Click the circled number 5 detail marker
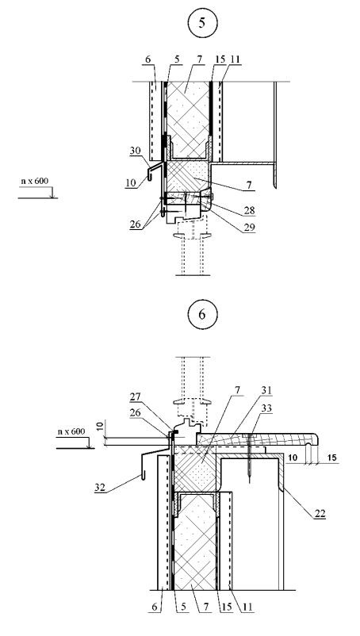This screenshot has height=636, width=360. (202, 23)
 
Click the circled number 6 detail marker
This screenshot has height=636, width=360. (202, 314)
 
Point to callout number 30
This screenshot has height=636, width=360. (135, 151)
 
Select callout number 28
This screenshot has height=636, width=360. (249, 210)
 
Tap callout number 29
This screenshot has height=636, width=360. (249, 228)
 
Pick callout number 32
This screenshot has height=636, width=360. (100, 487)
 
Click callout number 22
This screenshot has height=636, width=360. (320, 514)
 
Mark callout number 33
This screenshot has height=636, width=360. (266, 408)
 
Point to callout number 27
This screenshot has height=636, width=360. (136, 397)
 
